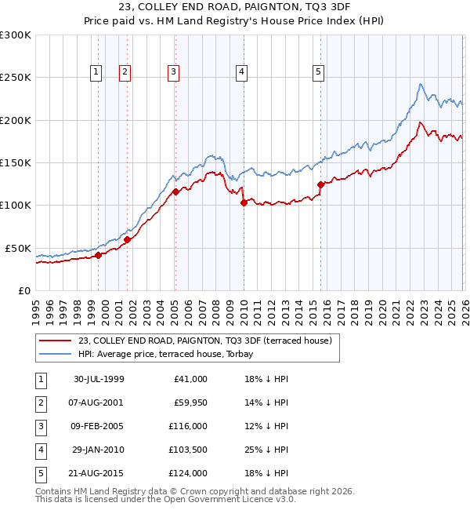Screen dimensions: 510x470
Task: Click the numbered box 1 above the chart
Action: click(96, 72)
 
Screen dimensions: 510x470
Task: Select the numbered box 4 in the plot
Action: click(241, 72)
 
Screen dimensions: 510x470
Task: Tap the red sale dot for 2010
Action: click(244, 202)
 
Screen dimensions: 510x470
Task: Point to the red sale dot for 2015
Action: click(320, 184)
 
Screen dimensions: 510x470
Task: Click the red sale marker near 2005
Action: click(175, 191)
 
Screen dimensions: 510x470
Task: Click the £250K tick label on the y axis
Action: click(16, 78)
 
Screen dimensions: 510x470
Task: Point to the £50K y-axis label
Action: click(18, 248)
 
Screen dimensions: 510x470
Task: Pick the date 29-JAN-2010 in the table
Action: click(98, 450)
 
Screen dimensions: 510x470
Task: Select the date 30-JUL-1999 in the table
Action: click(98, 379)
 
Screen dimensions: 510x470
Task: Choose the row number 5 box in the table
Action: click(40, 473)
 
